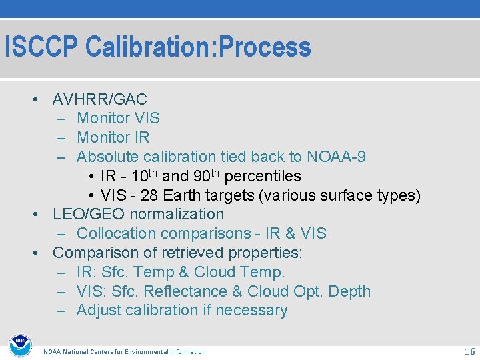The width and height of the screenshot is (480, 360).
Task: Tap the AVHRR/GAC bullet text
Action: (99, 100)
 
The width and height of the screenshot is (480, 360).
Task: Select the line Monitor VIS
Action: (118, 119)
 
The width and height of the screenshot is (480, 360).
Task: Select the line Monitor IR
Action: (113, 138)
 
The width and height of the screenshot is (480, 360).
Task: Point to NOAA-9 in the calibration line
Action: (336, 157)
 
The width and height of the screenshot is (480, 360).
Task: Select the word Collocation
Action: (114, 234)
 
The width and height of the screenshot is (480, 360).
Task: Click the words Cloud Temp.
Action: (239, 273)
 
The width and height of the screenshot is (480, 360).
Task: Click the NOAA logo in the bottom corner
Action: (19, 345)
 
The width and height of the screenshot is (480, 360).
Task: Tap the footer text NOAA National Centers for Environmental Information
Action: (125, 352)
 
